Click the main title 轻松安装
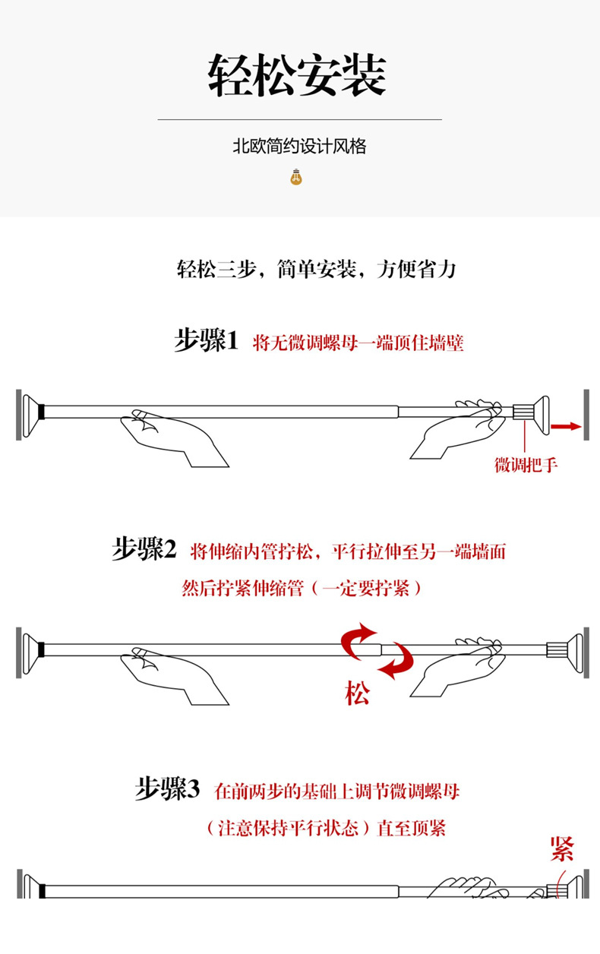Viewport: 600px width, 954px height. point(298,75)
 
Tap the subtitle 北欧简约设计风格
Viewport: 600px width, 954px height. point(299,147)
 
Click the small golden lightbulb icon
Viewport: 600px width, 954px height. point(296,178)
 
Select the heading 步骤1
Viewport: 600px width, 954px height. point(207,341)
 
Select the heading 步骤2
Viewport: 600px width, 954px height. point(144,549)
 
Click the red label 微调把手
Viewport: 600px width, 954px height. point(526,465)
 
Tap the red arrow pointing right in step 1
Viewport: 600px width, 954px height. point(565,427)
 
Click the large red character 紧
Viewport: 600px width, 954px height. point(562,848)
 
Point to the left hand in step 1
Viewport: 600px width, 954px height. point(171,438)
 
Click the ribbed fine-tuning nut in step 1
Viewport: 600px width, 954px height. point(523,413)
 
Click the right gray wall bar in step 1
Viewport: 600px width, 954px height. point(586,415)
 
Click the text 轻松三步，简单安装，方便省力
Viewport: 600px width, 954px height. point(316,269)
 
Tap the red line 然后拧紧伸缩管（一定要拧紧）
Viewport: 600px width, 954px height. point(302,588)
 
